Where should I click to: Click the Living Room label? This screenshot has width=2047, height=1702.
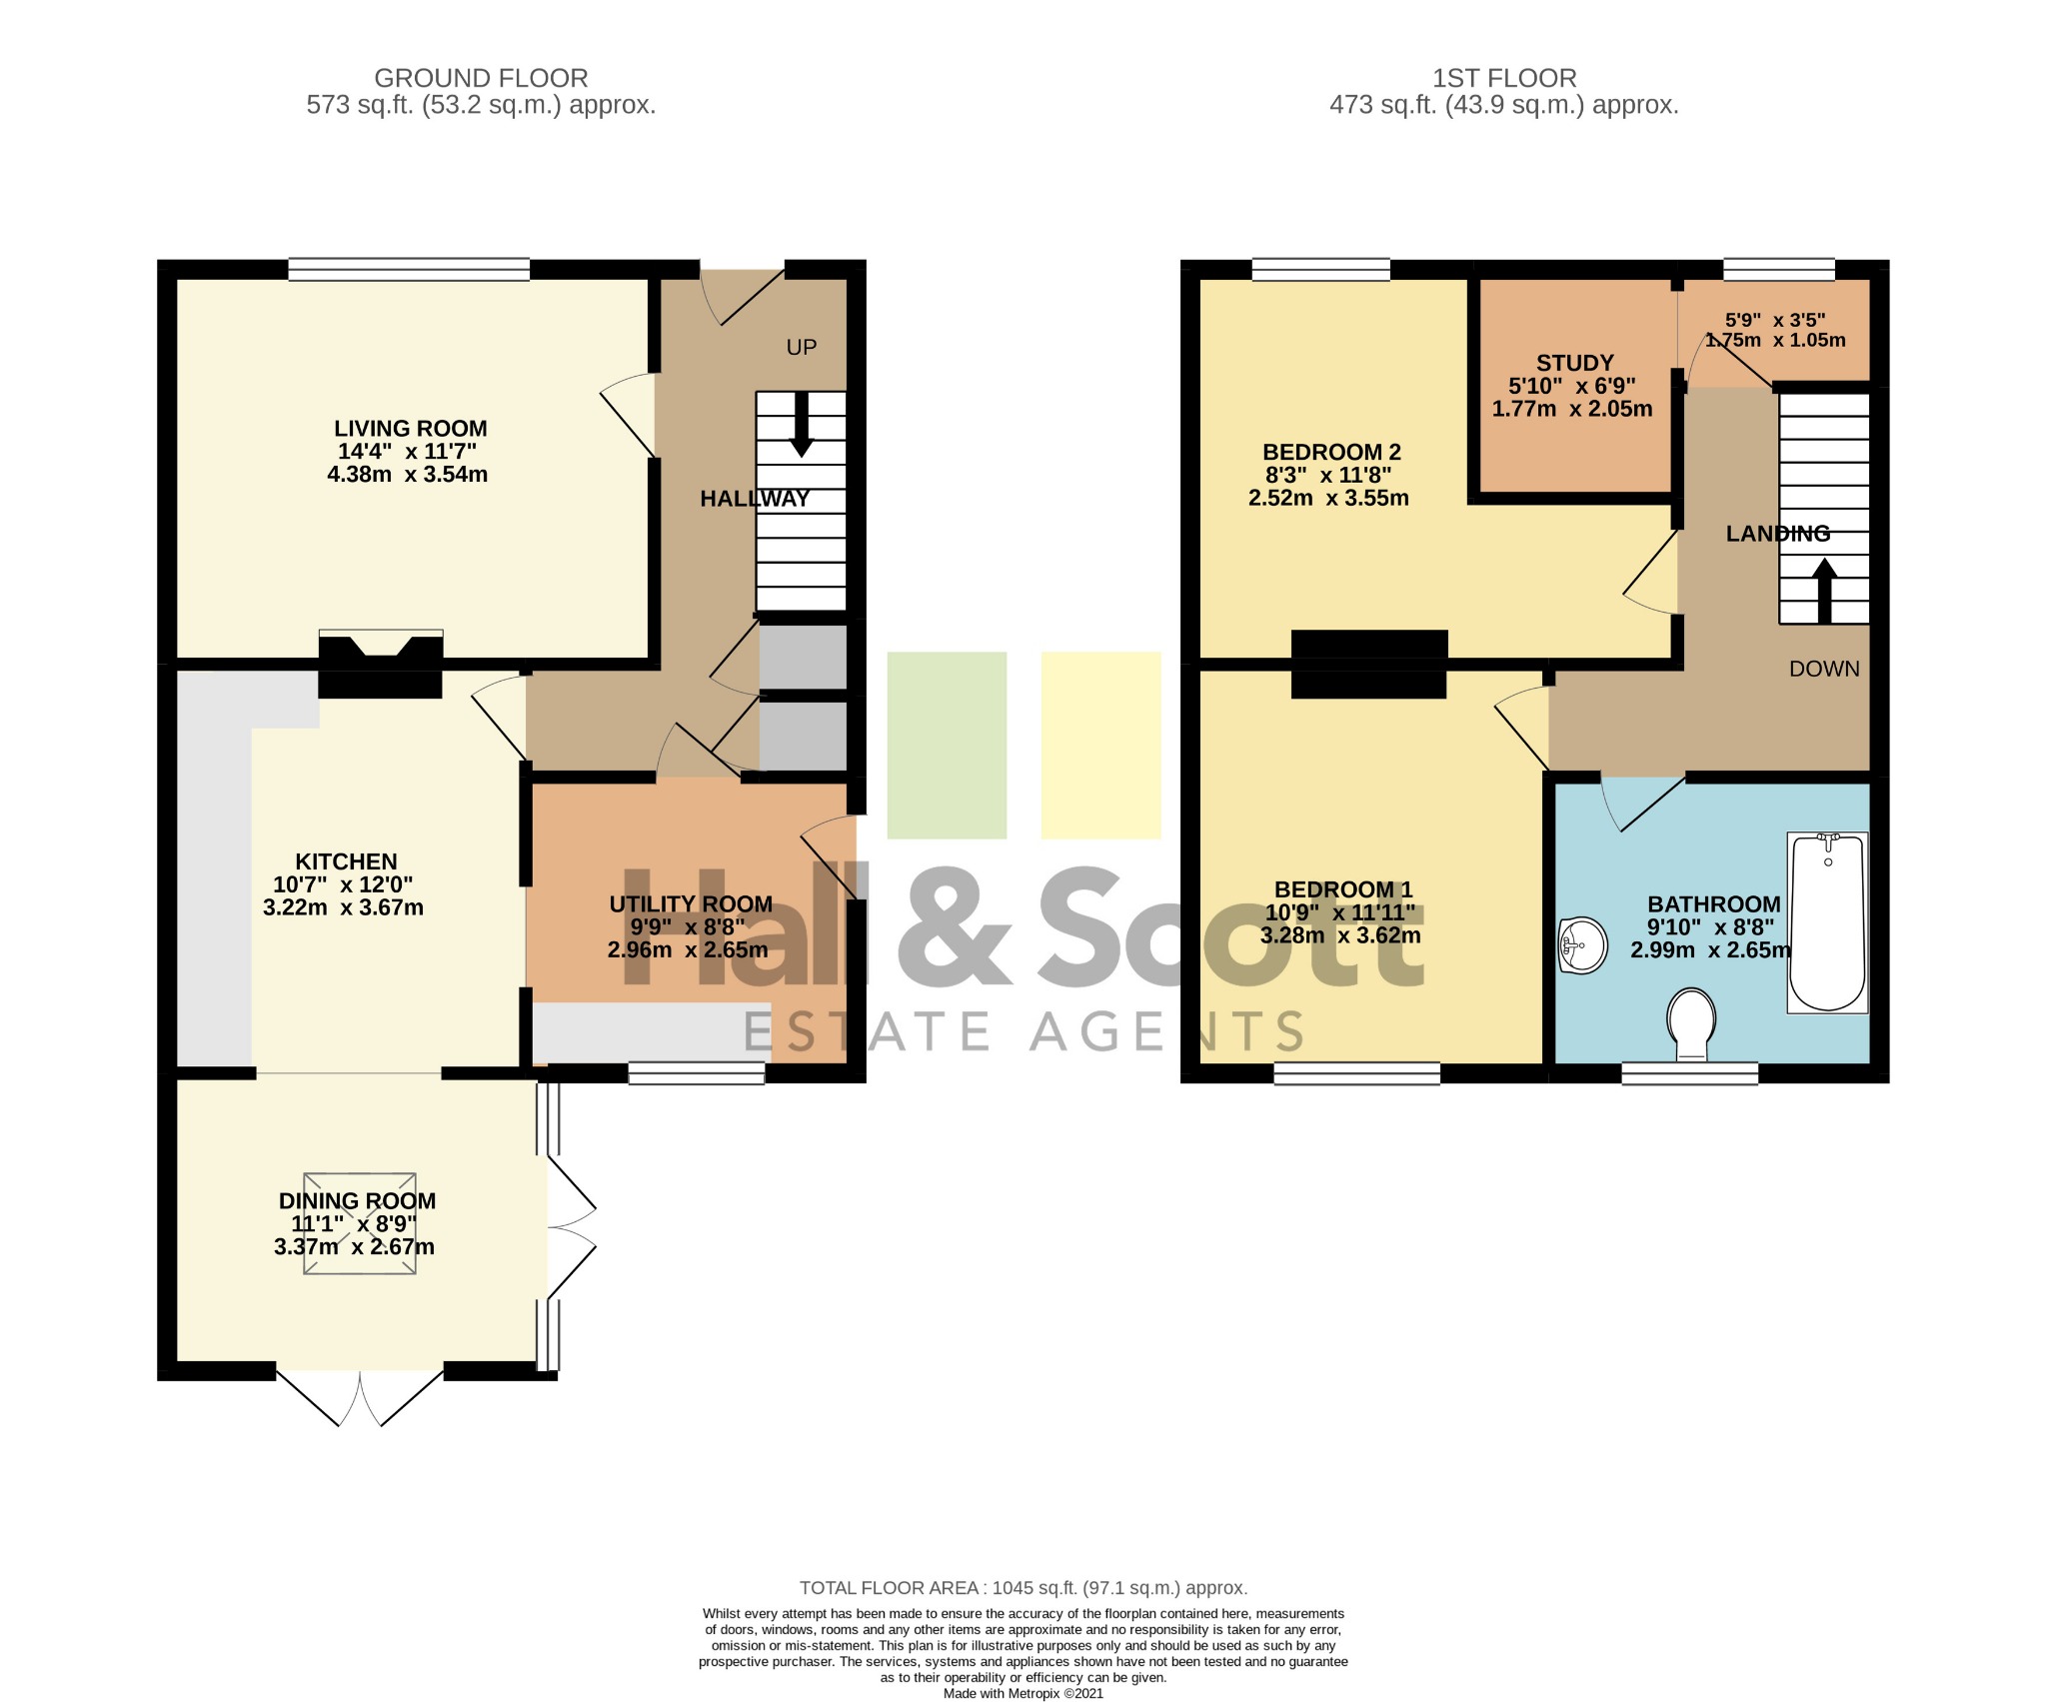[410, 429]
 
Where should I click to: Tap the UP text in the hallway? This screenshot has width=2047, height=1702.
[802, 348]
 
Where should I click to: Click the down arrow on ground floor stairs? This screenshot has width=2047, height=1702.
[801, 424]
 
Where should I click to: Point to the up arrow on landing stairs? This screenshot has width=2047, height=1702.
[1824, 591]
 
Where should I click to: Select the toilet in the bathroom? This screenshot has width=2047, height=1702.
[1691, 1023]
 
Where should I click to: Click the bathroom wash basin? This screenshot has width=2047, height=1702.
[1581, 944]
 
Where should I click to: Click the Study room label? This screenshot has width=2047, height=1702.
[1574, 363]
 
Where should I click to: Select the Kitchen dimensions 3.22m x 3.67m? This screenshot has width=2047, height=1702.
[343, 907]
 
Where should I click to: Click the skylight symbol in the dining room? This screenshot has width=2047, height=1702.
[360, 1223]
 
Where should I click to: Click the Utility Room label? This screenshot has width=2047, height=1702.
[691, 904]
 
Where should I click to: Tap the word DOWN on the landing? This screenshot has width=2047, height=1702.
[1824, 669]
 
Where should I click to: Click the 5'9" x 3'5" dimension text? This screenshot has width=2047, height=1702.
[1775, 321]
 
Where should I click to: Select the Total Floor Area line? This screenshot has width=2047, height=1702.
[1023, 1588]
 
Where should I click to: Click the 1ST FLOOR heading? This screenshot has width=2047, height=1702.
[1503, 78]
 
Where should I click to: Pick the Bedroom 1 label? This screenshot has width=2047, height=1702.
[1342, 889]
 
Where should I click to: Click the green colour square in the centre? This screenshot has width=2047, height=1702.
[947, 745]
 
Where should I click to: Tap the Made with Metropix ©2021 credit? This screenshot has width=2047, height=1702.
[1023, 1693]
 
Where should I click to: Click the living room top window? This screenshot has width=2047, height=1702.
[409, 269]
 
